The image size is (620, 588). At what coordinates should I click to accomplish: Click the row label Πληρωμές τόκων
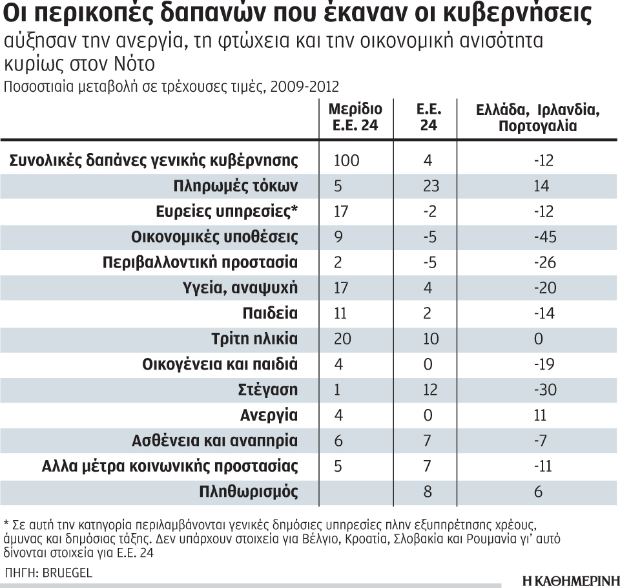[x=236, y=186]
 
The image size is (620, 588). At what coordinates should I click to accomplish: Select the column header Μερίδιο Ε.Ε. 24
[x=355, y=117]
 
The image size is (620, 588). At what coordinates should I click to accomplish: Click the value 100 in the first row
[x=347, y=161]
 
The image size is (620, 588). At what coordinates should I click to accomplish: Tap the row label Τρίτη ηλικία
[x=254, y=339]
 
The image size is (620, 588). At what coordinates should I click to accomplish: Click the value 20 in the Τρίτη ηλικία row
[x=340, y=339]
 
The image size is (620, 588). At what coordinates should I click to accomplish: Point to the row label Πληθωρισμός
[x=249, y=491]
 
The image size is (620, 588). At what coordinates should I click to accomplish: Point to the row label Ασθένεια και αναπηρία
[x=222, y=441]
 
